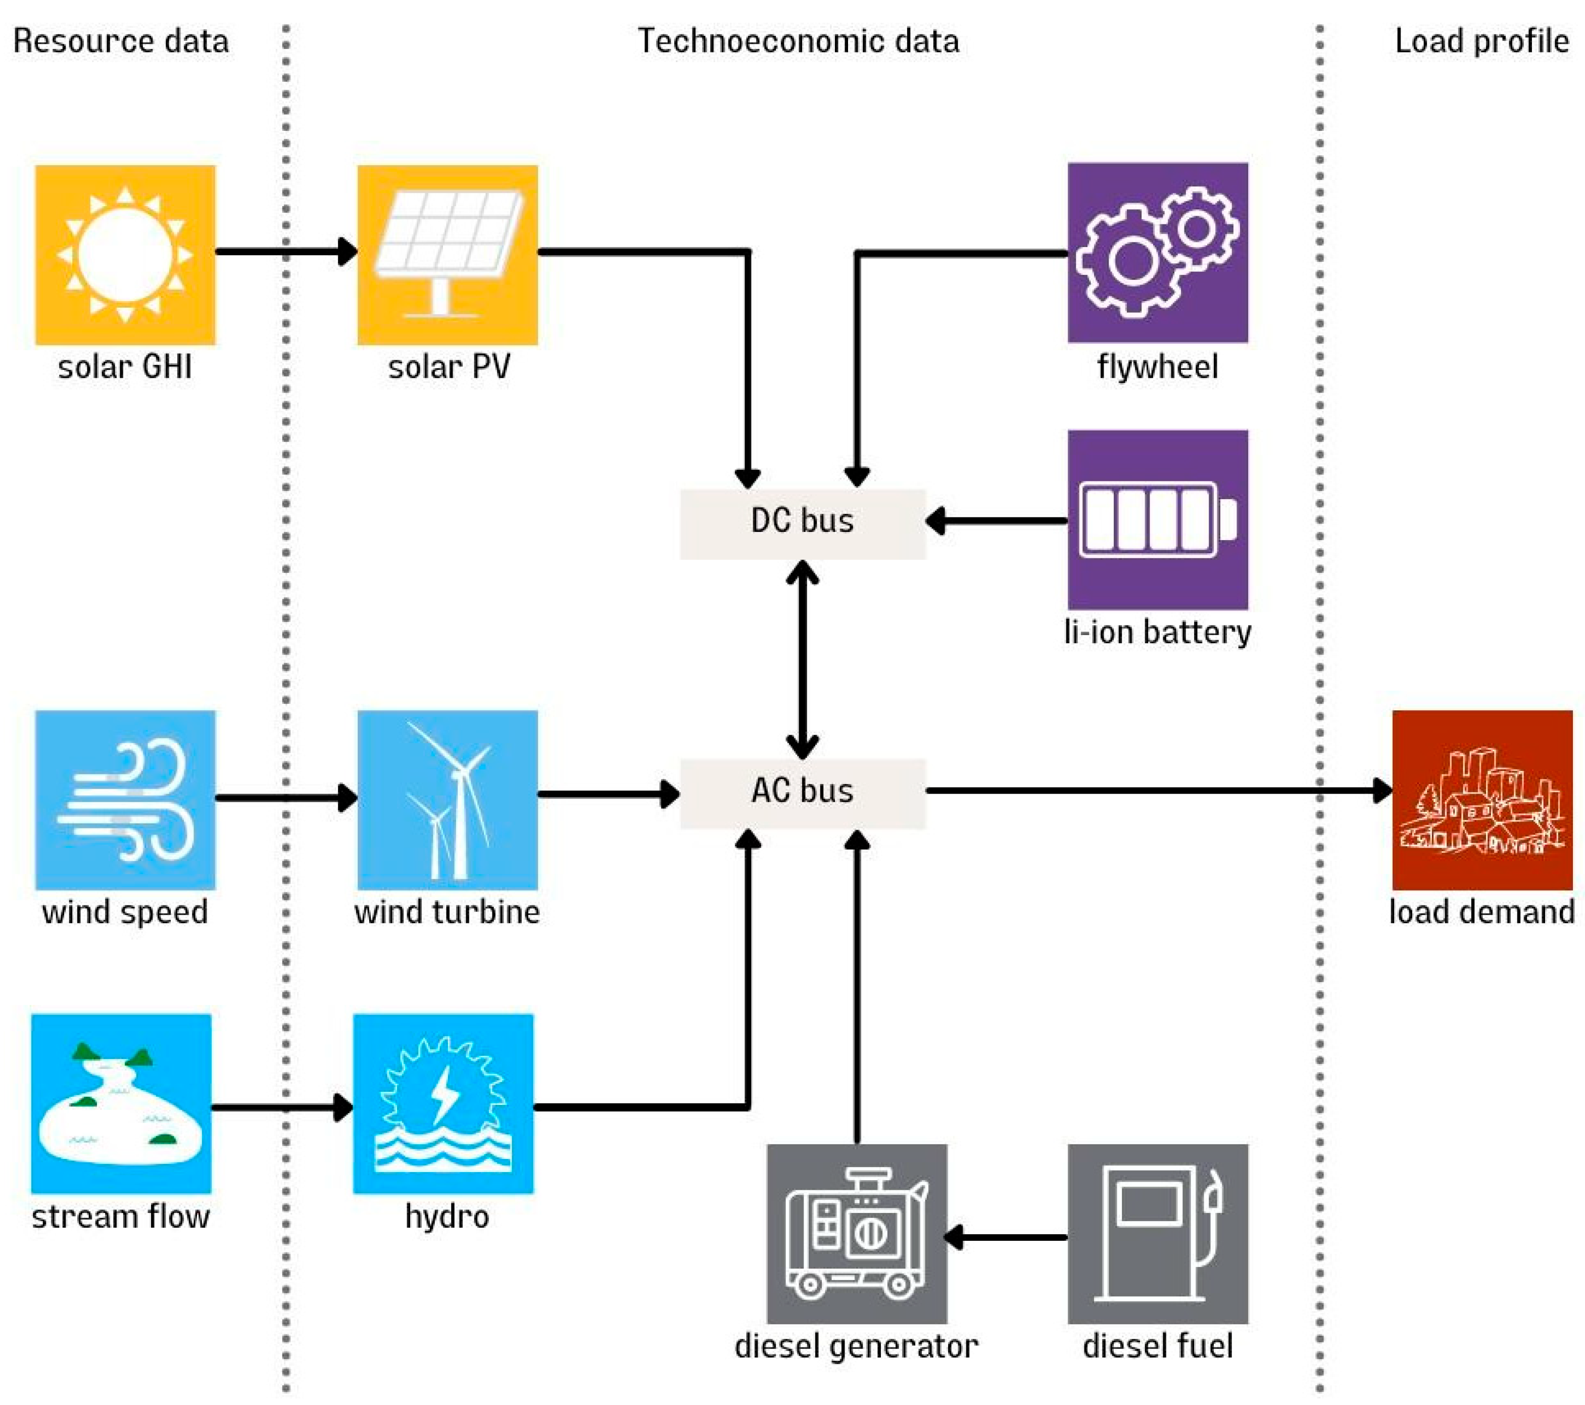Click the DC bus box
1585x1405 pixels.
803,524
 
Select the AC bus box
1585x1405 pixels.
803,793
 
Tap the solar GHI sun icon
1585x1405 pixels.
125,255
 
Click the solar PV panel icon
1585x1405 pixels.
448,255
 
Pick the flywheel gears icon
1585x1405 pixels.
1157,252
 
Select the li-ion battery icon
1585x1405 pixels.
1157,520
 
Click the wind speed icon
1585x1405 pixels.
125,799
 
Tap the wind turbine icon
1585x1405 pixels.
448,799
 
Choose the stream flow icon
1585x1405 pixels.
121,1103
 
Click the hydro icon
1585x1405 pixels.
443,1103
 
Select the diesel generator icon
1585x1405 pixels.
856,1234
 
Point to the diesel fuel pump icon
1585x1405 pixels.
1157,1234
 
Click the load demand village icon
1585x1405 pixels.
1482,799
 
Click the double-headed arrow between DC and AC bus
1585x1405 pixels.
803,659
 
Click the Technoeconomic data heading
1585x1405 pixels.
798,41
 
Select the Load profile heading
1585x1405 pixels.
1481,41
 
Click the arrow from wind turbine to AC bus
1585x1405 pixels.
609,794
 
